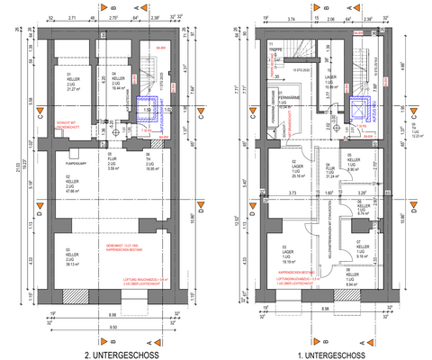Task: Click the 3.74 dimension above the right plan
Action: [x=292, y=17]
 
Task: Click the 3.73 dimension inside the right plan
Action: [x=292, y=192]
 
